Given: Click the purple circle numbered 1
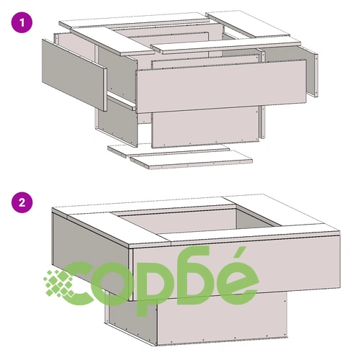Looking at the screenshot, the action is click(22, 22).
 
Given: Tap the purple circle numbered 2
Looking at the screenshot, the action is click(22, 202).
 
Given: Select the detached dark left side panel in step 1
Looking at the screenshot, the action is click(74, 75).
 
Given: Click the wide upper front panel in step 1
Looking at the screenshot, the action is click(221, 86).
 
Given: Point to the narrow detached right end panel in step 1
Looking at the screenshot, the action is click(312, 72).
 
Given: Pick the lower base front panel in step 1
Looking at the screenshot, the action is click(206, 127).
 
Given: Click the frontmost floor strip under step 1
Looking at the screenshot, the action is click(192, 160).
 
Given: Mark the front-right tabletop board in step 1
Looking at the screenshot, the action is click(225, 45).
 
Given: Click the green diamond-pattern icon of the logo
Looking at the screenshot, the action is click(60, 283).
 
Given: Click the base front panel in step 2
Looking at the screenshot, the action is click(222, 319).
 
